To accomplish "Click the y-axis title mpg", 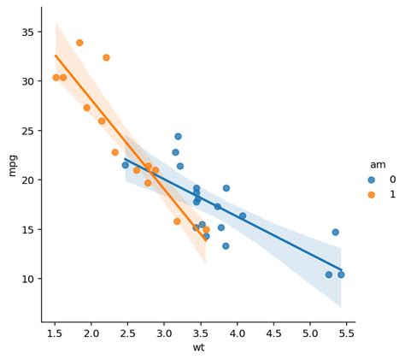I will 12,164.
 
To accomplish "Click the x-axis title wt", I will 198,347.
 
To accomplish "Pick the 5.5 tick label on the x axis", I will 346,333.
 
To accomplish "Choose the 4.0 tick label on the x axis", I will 237,333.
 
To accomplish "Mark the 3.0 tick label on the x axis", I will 164,333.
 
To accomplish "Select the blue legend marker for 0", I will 371,180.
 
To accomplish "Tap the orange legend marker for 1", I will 371,194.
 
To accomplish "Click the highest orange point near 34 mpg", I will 79,43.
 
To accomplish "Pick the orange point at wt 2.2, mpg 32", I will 106,57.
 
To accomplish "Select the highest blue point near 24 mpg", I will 178,136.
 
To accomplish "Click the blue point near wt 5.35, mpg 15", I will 335,232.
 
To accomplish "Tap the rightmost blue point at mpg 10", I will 341,274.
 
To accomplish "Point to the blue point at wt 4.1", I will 243,216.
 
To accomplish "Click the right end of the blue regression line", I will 341,270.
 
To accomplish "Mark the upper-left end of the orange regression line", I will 56,56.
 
